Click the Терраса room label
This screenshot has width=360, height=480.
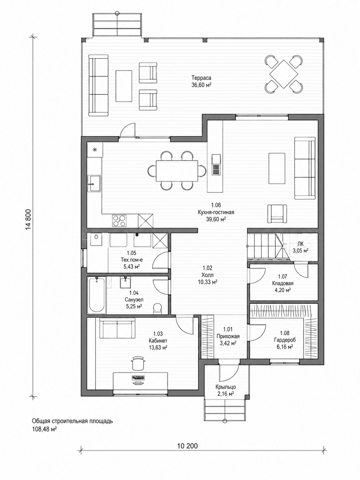(x=201, y=78)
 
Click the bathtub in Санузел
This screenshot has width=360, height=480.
(x=96, y=295)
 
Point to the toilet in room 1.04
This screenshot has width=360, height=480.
(x=157, y=308)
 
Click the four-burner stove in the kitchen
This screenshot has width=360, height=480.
(x=119, y=221)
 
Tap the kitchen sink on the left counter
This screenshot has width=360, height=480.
(x=94, y=183)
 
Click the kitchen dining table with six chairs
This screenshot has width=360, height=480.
(x=177, y=171)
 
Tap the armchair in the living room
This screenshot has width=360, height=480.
(x=277, y=214)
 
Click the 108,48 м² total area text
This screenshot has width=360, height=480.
(x=44, y=423)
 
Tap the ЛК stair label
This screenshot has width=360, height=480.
(x=300, y=244)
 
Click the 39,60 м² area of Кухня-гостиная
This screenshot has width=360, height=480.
(x=216, y=219)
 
